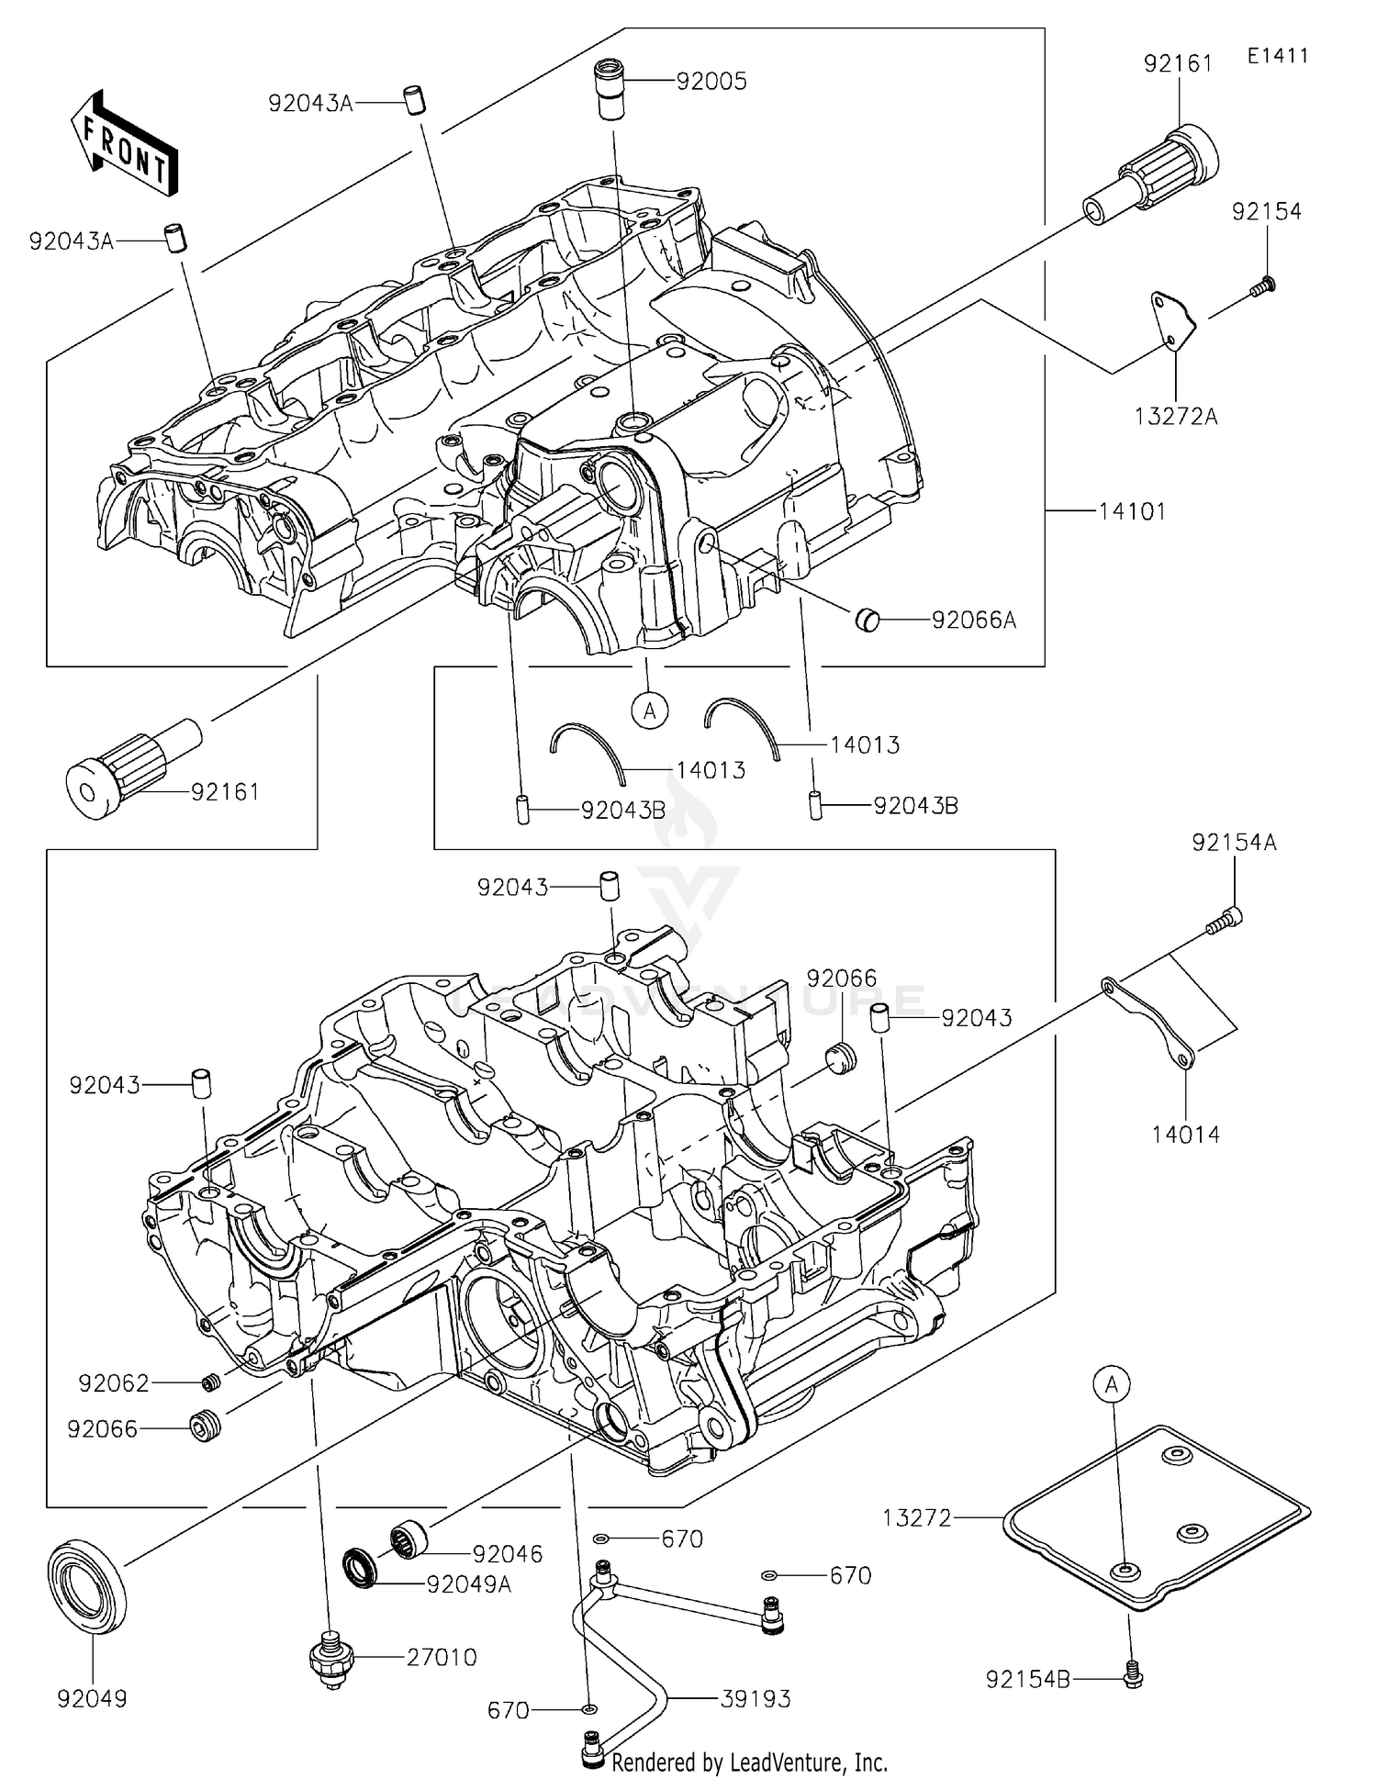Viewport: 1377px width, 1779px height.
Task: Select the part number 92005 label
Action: (x=711, y=82)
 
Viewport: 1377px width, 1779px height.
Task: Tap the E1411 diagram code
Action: (x=1277, y=56)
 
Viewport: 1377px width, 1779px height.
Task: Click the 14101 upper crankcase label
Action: (x=1132, y=511)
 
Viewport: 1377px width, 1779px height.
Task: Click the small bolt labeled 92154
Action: (x=1264, y=286)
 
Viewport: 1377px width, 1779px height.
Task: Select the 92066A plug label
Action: (x=973, y=621)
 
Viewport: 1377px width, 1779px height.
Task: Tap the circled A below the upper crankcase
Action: (x=650, y=710)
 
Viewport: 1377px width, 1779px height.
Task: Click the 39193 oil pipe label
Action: (x=756, y=1699)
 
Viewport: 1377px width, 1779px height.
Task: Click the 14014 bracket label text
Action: (x=1186, y=1135)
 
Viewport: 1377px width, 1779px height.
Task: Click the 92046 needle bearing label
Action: (x=508, y=1554)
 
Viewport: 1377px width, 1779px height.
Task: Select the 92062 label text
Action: (x=114, y=1383)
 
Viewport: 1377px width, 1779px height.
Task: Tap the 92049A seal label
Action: (x=468, y=1584)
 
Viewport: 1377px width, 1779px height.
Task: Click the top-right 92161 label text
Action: (x=1178, y=63)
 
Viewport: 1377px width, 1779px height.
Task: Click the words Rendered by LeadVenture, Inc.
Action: (x=749, y=1762)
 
